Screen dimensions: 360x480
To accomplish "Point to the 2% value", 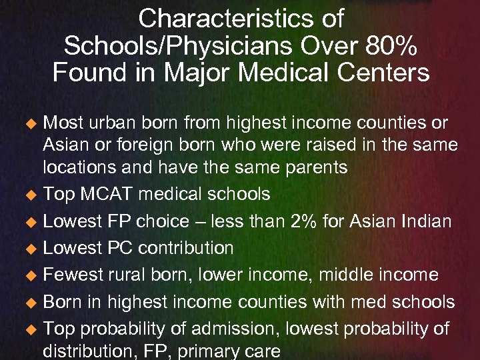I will tap(321, 221).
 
